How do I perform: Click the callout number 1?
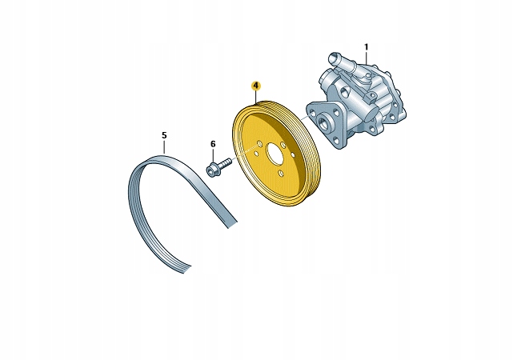pos(367,46)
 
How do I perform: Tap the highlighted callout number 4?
pos(256,85)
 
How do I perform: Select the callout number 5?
pos(164,135)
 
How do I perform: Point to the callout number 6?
pos(213,144)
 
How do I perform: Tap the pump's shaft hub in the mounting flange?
pos(323,124)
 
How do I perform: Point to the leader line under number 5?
pos(164,147)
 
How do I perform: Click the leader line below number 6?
pos(213,155)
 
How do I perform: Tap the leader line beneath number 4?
pos(256,95)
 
